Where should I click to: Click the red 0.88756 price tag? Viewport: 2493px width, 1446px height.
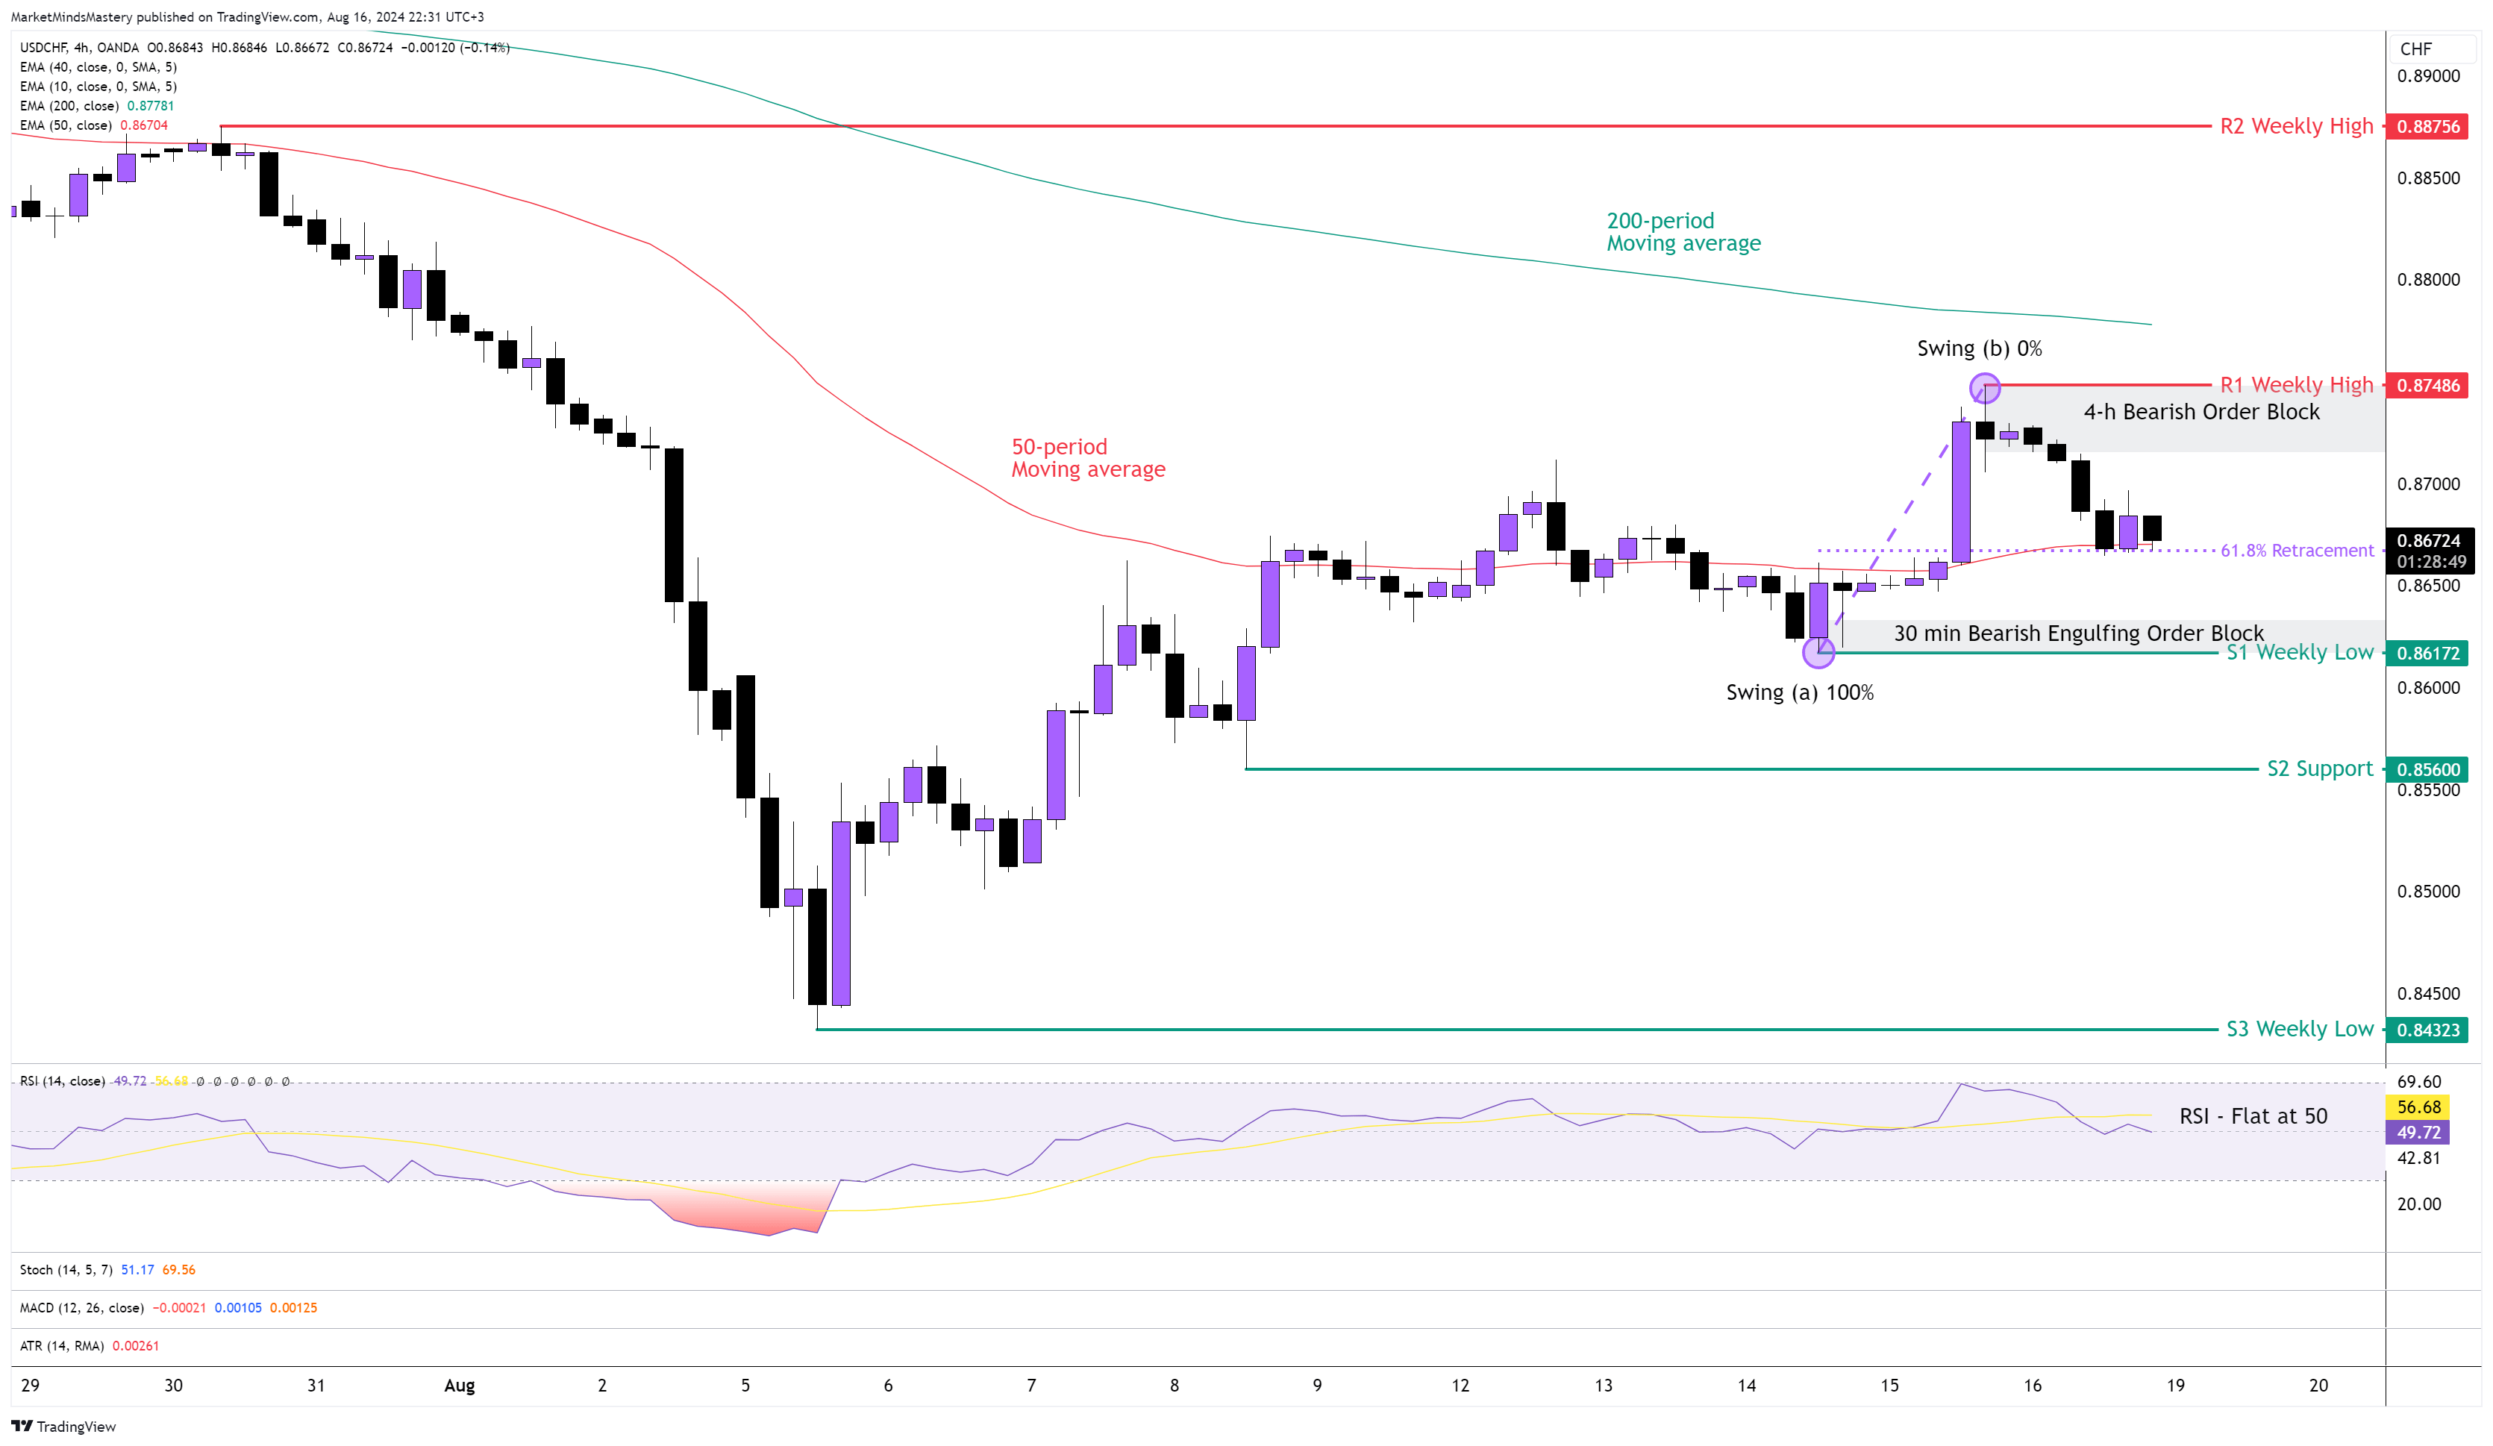(x=2427, y=127)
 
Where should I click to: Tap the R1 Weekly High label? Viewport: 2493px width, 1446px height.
(x=2295, y=385)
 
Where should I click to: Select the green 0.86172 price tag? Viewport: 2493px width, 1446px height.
(x=2427, y=653)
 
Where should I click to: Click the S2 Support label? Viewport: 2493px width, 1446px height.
(x=2319, y=769)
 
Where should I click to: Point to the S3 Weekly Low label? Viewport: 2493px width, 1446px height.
(x=2298, y=1029)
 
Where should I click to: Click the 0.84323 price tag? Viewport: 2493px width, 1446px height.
(x=2427, y=1030)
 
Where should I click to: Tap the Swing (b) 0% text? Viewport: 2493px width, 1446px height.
(x=1979, y=348)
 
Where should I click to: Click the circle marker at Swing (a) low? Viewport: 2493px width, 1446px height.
(x=1818, y=652)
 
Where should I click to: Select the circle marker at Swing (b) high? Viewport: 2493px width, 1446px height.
(x=1985, y=388)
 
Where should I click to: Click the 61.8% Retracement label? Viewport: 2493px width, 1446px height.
(x=2296, y=550)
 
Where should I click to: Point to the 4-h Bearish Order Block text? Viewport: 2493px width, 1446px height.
(x=2201, y=411)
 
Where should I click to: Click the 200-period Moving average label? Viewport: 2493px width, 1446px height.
(x=1683, y=231)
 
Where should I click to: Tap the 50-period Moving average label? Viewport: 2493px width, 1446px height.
(x=1087, y=458)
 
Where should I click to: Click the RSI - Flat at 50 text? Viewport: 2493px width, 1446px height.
(x=2253, y=1115)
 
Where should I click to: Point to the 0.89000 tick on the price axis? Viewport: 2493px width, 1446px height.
(x=2427, y=76)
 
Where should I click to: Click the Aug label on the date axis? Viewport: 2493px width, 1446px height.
(x=459, y=1385)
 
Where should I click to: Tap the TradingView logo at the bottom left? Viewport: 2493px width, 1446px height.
(x=63, y=1426)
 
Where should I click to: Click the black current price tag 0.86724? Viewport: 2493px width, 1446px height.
(x=2427, y=541)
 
